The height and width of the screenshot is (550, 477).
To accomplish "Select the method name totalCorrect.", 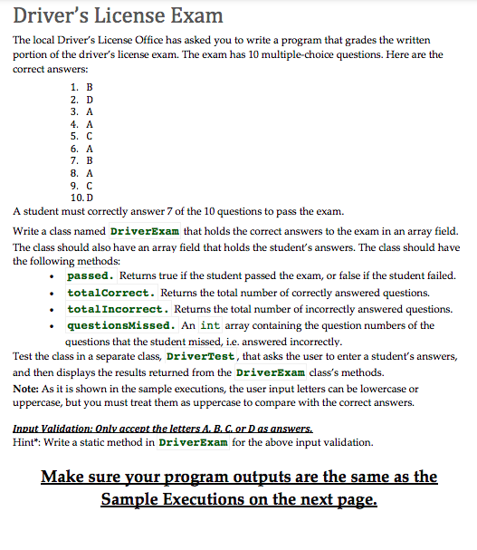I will (111, 293).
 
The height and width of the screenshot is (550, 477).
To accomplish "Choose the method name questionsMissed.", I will (120, 325).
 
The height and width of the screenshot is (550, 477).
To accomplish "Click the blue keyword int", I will (210, 325).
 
